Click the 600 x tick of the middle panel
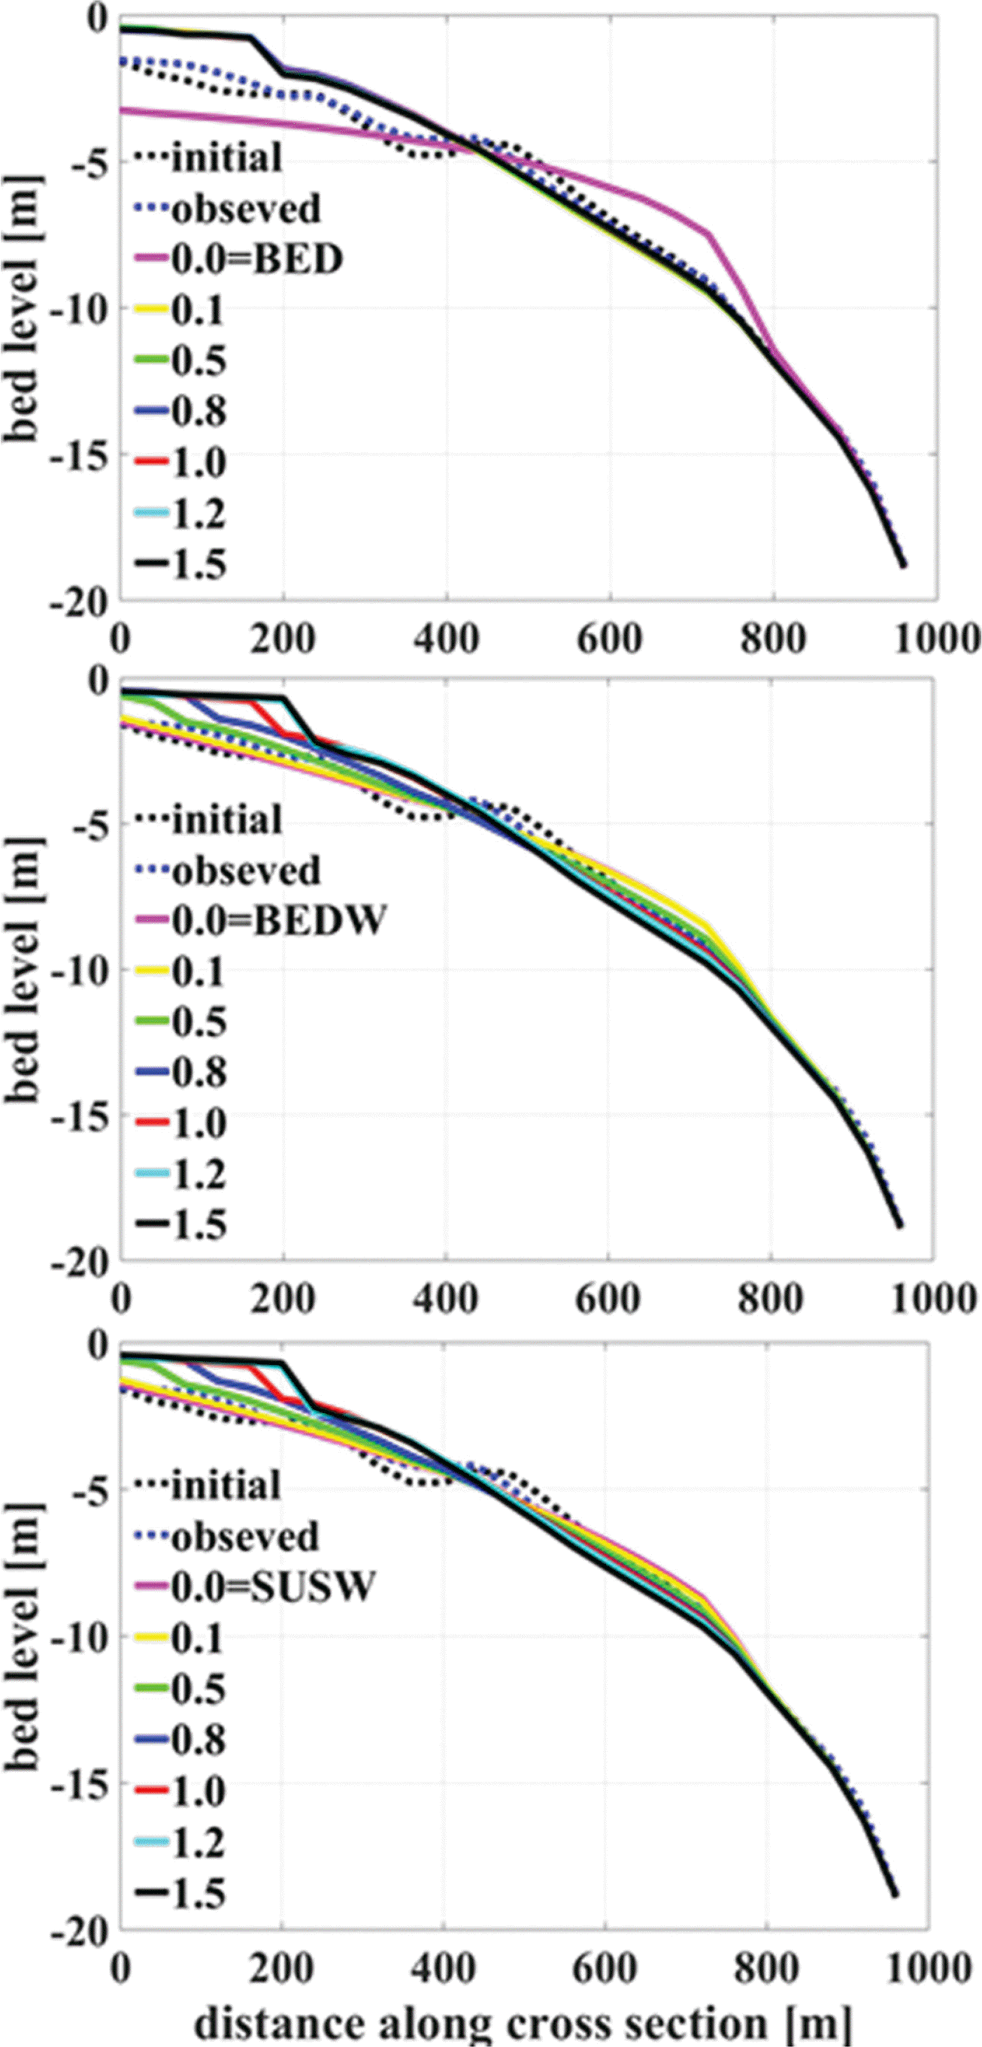pyautogui.click(x=608, y=1300)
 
